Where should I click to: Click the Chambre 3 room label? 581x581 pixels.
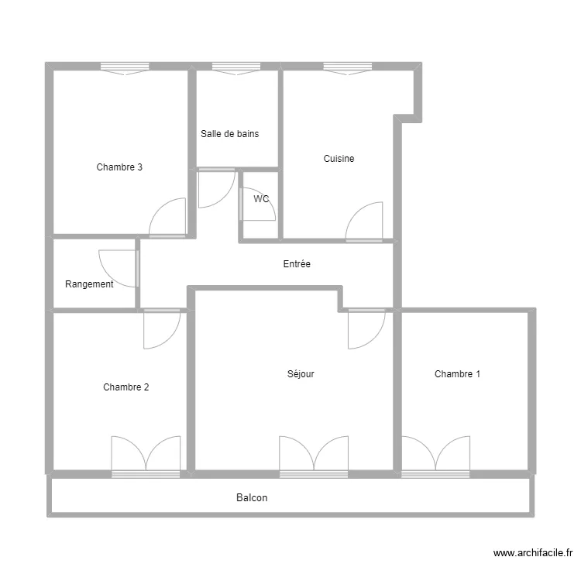(119, 167)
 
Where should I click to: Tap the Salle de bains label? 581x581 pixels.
(229, 134)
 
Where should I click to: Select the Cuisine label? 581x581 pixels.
(339, 159)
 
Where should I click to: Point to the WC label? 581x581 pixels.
(261, 199)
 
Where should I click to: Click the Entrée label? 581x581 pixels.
(297, 264)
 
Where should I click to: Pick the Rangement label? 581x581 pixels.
(89, 284)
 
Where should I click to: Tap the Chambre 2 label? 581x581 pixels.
(125, 387)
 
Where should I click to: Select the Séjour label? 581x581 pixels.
(301, 374)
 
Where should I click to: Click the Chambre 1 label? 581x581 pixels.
(457, 374)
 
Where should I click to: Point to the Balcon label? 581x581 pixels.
(252, 498)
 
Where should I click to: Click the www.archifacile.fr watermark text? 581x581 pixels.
(532, 553)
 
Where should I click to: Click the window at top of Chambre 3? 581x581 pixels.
(124, 68)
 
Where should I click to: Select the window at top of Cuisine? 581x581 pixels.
(346, 68)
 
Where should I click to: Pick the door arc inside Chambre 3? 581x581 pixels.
(169, 218)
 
